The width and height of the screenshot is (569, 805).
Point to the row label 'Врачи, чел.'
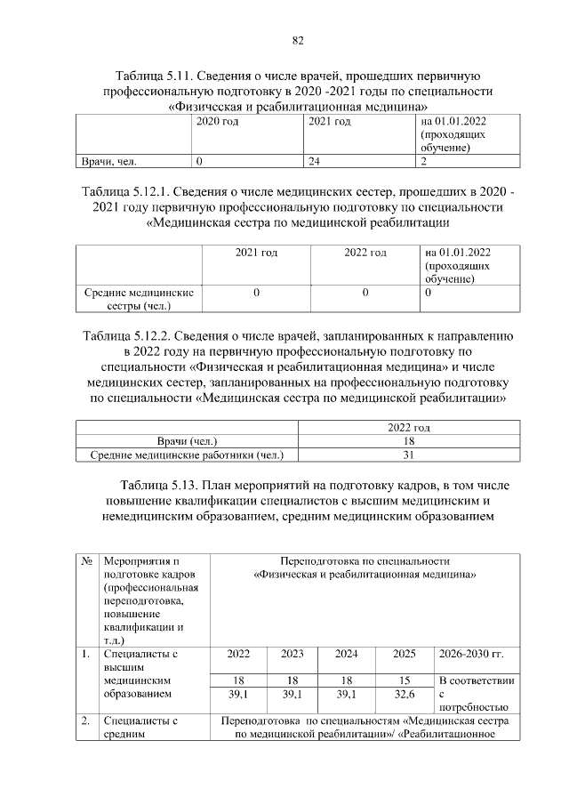coord(108,162)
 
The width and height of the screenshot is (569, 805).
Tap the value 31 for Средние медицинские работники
coord(409,455)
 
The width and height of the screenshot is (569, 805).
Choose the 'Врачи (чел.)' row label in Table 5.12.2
coord(187,441)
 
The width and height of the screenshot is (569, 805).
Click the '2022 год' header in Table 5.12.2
coord(409,428)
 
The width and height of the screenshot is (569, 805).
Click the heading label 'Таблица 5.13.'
coord(157,486)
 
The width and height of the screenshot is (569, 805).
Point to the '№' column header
coord(88,561)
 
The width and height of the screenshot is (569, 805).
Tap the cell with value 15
coord(405,680)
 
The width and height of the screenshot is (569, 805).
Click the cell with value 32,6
coord(405,694)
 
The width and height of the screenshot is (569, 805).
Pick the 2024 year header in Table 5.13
coord(347,654)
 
